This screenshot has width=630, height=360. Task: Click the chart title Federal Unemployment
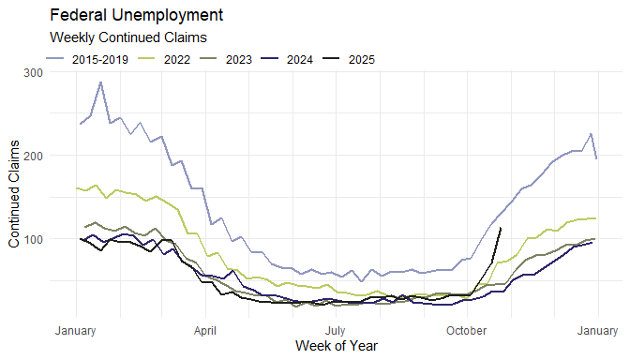click(x=136, y=16)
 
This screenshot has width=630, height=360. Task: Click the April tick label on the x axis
click(x=205, y=331)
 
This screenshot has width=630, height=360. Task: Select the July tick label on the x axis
click(x=336, y=331)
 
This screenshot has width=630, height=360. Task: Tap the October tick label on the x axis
click(x=466, y=331)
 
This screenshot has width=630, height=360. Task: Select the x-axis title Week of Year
click(x=336, y=346)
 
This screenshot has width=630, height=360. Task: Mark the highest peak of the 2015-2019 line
click(x=100, y=82)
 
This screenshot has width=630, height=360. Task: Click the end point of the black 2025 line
click(x=501, y=228)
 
